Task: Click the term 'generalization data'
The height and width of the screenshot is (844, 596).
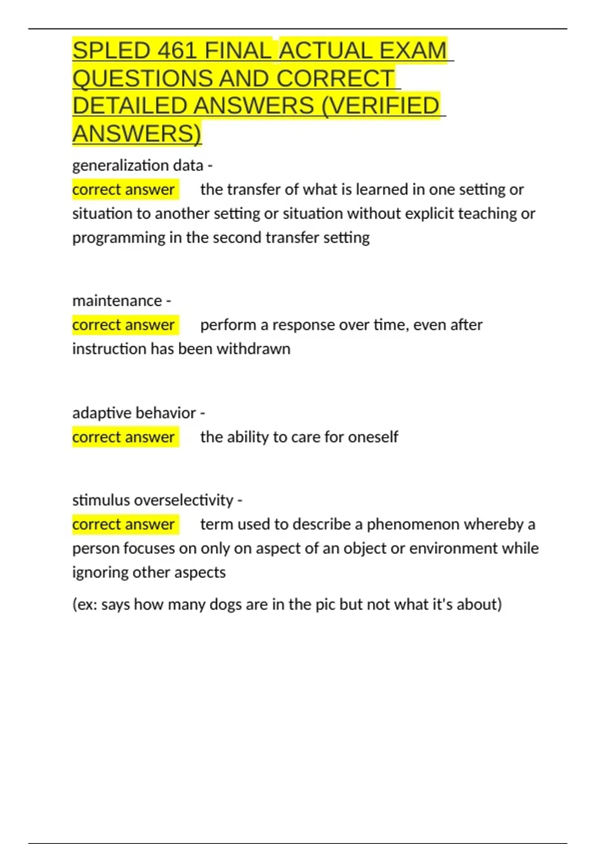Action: [x=138, y=165]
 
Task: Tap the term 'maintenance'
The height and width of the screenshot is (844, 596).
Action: [x=117, y=300]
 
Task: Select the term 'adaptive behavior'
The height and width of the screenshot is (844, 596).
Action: [x=134, y=413]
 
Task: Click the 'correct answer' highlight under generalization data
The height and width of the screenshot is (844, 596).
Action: [x=124, y=189]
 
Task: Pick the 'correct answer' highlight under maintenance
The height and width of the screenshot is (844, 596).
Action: [x=124, y=325]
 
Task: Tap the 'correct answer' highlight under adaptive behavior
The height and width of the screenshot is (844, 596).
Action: [x=124, y=437]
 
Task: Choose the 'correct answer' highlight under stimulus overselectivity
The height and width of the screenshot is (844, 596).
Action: [x=124, y=524]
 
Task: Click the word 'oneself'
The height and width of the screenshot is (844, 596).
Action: [x=373, y=437]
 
